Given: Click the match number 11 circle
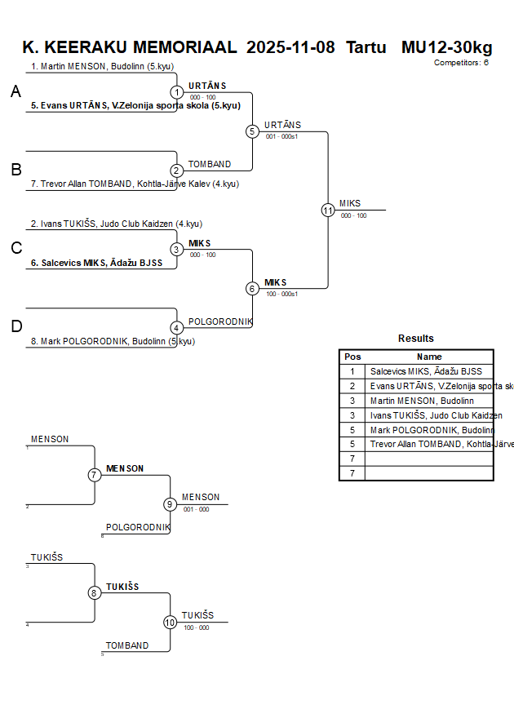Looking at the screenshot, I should click(x=328, y=210).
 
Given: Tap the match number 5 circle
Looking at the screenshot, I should click(x=252, y=131).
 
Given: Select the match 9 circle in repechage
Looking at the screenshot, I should click(x=170, y=504).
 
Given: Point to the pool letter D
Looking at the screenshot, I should click(x=16, y=327).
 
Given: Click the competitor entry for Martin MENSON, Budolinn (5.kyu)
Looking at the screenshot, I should click(x=102, y=67).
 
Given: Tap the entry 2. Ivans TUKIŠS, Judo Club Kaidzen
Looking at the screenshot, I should click(x=117, y=224).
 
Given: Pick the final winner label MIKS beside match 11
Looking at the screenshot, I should click(x=350, y=203).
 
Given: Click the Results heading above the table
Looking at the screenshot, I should click(x=416, y=339).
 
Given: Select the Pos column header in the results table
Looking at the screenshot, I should click(x=352, y=357).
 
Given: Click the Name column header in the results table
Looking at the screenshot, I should click(x=429, y=357).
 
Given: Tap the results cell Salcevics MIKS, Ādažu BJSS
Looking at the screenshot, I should click(x=426, y=371).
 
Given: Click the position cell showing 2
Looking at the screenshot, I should click(x=352, y=386).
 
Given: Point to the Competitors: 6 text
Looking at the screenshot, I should click(x=461, y=62).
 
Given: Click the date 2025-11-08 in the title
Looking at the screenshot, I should click(x=290, y=47).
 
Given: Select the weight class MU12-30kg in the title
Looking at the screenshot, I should click(x=446, y=47).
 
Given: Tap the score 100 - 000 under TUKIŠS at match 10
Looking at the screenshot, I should click(x=196, y=627).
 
